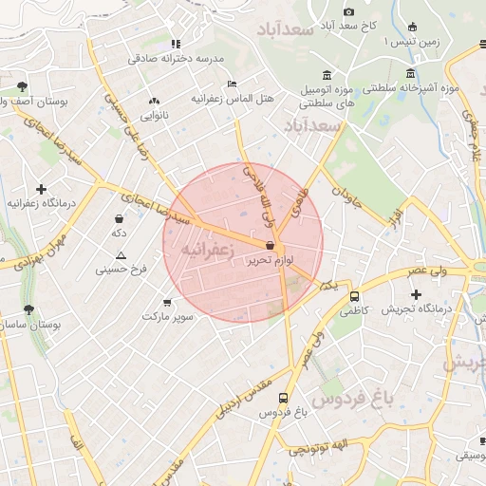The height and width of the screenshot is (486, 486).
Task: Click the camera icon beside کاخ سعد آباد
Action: click(x=348, y=11)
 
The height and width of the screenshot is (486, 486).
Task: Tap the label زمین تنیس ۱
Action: click(x=411, y=43)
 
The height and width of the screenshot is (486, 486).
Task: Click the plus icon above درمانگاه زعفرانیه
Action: click(x=41, y=189)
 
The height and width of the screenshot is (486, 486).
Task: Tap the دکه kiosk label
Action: click(x=120, y=232)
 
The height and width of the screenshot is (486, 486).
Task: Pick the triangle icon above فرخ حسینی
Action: click(x=121, y=255)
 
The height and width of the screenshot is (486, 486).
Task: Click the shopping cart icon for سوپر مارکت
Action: click(x=168, y=301)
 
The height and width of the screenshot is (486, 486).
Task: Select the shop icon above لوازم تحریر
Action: click(x=271, y=245)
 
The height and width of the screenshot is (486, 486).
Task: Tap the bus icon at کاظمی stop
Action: click(x=354, y=296)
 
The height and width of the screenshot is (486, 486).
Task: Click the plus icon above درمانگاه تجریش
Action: click(x=416, y=294)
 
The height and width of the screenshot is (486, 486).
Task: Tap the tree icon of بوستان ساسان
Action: click(x=28, y=309)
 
